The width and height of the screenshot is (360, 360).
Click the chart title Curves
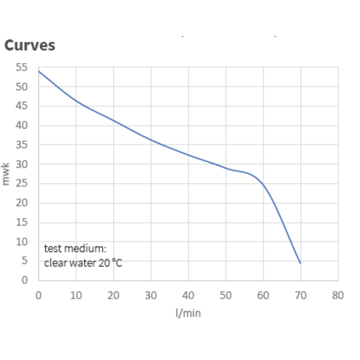point(30,45)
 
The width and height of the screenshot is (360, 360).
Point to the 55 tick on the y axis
point(22,68)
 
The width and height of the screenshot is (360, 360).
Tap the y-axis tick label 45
point(22,106)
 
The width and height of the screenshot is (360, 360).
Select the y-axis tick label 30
point(22,164)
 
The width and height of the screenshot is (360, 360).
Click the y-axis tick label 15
point(22,223)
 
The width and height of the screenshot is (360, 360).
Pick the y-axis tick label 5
point(24,261)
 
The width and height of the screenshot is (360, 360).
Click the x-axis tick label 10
point(76,295)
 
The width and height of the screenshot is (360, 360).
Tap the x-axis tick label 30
point(151,295)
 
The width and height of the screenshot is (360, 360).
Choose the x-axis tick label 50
point(226,295)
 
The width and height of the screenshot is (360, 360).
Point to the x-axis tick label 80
point(338,295)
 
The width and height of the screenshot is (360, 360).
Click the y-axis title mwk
point(7,174)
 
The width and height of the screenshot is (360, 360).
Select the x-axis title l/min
point(188,313)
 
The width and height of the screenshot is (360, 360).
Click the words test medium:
point(75,249)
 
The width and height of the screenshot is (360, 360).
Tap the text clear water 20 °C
point(83,263)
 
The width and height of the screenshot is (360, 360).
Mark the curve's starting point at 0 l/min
point(38,71)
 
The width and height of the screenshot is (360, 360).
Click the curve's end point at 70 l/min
point(300,263)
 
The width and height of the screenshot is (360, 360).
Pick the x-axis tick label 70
point(300,295)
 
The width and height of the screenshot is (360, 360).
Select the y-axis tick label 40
point(22,126)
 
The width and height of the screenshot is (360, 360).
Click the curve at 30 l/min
point(151,140)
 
